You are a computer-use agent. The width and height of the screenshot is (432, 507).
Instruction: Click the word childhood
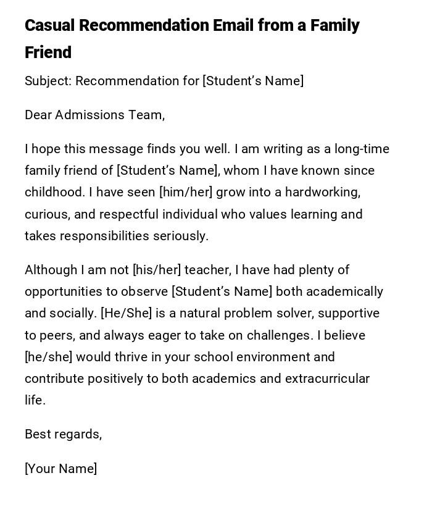pos(54,193)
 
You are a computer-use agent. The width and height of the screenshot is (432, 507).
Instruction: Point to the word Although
pos(51,270)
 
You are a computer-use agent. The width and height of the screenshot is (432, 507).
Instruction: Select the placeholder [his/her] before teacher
pos(157,270)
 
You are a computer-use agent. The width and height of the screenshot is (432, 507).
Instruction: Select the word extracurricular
pos(327,379)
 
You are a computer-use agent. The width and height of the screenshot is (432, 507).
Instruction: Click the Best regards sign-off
pos(63,435)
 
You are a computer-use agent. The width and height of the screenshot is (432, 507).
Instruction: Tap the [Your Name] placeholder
pos(60,469)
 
